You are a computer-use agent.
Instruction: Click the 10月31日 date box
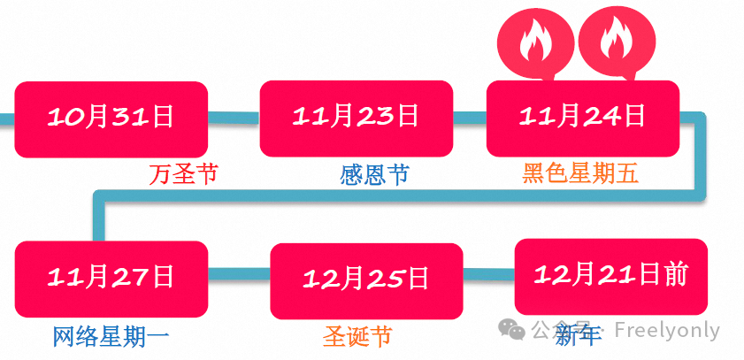111,119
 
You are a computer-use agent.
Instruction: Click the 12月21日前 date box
610,276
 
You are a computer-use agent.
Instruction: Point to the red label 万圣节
183,174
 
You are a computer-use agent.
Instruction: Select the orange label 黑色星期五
579,174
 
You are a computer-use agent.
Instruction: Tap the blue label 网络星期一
110,336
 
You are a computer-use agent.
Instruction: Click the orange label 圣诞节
357,336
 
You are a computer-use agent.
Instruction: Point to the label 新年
578,334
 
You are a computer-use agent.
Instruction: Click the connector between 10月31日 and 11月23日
234,117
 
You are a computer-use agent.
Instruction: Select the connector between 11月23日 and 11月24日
470,117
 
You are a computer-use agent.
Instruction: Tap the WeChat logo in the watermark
512,330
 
